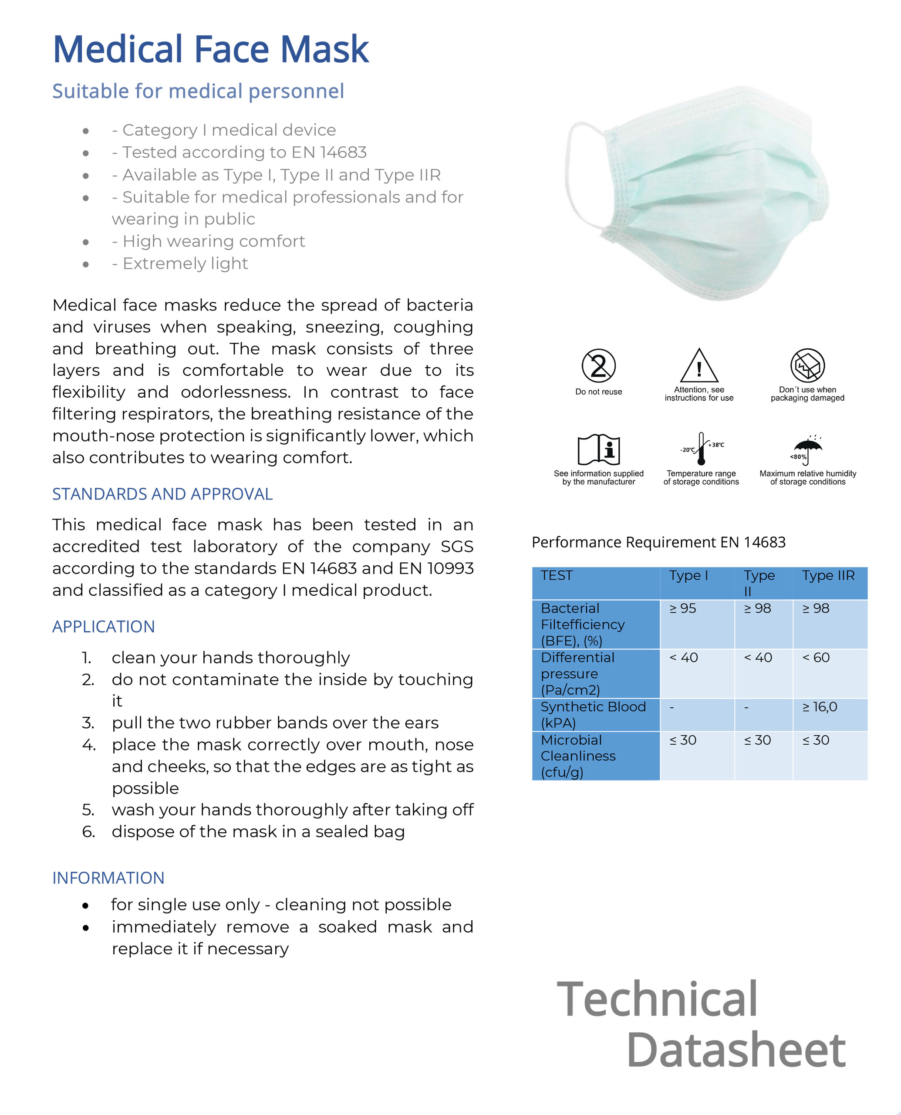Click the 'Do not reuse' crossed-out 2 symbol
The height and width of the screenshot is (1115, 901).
[598, 365]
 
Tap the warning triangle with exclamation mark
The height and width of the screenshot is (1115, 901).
[699, 366]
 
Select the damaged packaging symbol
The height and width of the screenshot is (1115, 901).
[807, 365]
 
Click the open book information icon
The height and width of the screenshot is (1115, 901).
[598, 449]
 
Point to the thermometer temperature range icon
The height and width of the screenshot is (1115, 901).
[701, 449]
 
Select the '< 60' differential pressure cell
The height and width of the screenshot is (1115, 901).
[816, 658]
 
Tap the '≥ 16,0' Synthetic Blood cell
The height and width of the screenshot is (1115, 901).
[820, 707]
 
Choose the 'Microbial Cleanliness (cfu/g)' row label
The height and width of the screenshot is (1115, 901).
[578, 756]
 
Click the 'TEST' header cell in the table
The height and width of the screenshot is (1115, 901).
[557, 576]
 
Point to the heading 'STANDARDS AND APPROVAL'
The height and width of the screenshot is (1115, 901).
[162, 494]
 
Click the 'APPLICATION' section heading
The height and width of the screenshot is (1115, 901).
[103, 627]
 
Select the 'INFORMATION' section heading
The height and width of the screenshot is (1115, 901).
[108, 878]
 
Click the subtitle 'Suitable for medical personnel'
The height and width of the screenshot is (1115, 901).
[198, 91]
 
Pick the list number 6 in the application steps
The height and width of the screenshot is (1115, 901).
[88, 831]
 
